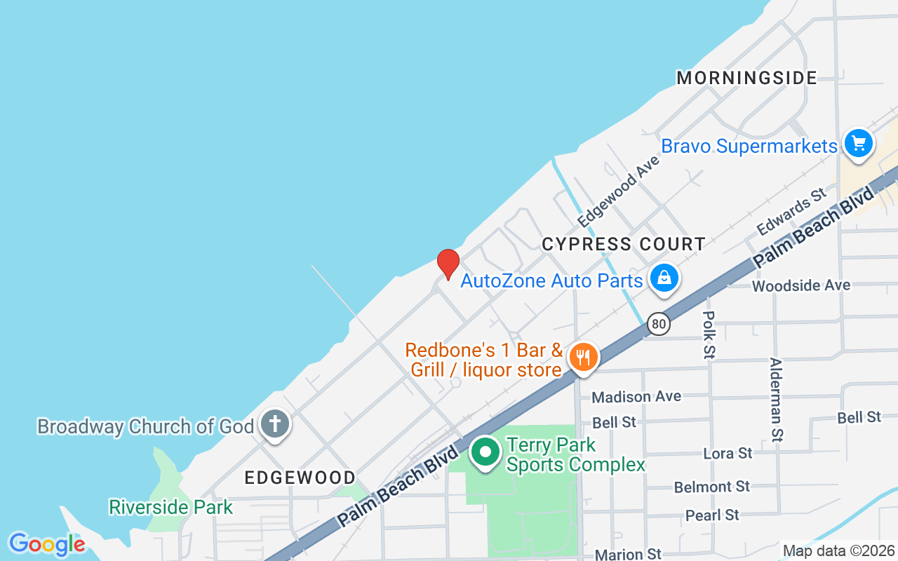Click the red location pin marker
pyautogui.click(x=448, y=264)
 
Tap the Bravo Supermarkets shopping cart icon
pyautogui.click(x=858, y=144)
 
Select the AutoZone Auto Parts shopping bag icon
pyautogui.click(x=664, y=278)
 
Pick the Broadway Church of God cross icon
pyautogui.click(x=275, y=424)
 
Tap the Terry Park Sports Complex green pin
pyautogui.click(x=484, y=452)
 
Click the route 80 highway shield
pyautogui.click(x=658, y=323)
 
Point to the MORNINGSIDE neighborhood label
pyautogui.click(x=746, y=78)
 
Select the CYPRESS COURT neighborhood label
pyautogui.click(x=624, y=244)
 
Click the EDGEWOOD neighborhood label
pyautogui.click(x=300, y=478)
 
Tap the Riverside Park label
pyautogui.click(x=170, y=506)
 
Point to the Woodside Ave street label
pyautogui.click(x=801, y=285)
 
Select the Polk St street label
pyautogui.click(x=709, y=335)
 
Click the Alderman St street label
pyautogui.click(x=776, y=400)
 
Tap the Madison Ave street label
pyautogui.click(x=636, y=397)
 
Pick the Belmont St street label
pyautogui.click(x=712, y=486)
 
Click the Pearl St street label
pyautogui.click(x=712, y=515)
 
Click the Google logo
pyautogui.click(x=47, y=543)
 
